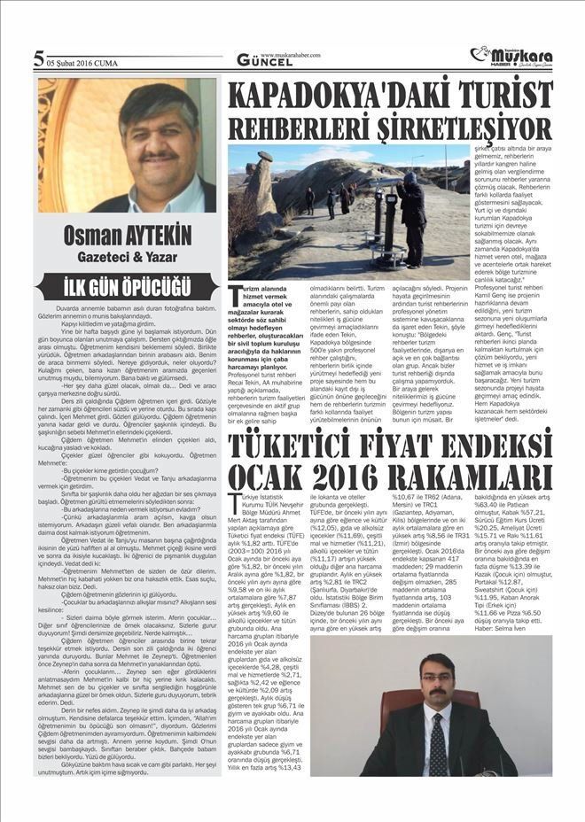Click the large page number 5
39,59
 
